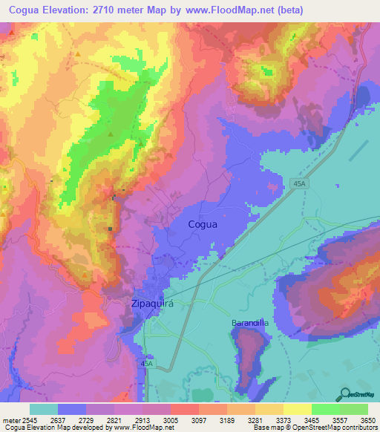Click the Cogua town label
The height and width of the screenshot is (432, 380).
(x=203, y=223)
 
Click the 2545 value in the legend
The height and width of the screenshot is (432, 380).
(x=27, y=419)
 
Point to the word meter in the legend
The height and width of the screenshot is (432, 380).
(x=10, y=419)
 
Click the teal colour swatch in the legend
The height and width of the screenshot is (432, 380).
(x=43, y=409)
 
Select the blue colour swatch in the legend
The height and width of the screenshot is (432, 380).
(x=71, y=409)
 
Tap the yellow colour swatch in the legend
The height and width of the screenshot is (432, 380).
(x=297, y=409)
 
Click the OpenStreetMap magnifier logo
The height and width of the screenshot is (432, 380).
(x=344, y=394)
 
